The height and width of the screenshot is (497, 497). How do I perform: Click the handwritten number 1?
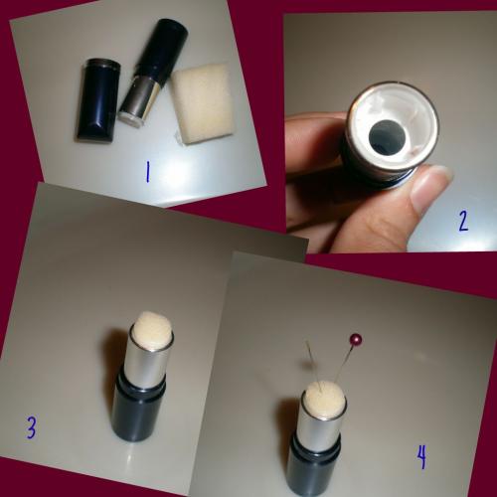pyautogui.click(x=147, y=172)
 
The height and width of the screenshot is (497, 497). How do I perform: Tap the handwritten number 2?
pyautogui.click(x=463, y=221)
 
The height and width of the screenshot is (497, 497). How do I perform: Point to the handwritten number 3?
pyautogui.click(x=31, y=427)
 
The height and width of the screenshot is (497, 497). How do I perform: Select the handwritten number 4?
pyautogui.click(x=421, y=457)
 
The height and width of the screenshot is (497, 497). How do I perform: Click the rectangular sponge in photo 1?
pyautogui.click(x=203, y=103)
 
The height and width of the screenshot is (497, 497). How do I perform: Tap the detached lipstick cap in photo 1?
pyautogui.click(x=96, y=100)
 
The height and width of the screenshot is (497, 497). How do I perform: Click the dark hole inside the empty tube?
pyautogui.click(x=388, y=137)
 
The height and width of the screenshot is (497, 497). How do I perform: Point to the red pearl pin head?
pyautogui.click(x=356, y=339)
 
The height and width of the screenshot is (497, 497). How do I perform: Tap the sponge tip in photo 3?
pyautogui.click(x=153, y=330)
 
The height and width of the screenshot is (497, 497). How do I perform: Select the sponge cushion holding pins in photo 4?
pyautogui.click(x=326, y=401)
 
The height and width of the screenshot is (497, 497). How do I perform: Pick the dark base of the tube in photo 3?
pyautogui.click(x=138, y=410)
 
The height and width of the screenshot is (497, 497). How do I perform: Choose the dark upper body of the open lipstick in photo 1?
pyautogui.click(x=162, y=50)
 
